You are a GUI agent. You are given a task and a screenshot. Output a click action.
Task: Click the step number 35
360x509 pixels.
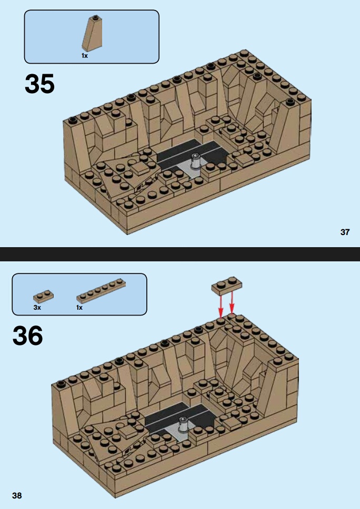39,84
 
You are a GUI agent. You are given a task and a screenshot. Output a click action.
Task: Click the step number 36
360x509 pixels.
27,335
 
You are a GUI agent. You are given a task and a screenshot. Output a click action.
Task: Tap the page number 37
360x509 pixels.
345,232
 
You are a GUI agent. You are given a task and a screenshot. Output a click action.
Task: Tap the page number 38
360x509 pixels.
17,495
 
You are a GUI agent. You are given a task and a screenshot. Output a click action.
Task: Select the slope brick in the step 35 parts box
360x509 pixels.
92,33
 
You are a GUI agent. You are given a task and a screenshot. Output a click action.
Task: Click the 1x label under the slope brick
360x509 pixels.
85,56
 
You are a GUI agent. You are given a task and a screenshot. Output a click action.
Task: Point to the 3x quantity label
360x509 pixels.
37,308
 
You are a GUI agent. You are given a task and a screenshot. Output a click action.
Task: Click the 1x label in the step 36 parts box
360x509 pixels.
79,308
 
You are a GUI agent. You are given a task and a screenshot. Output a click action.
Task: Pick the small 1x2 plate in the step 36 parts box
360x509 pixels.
43,297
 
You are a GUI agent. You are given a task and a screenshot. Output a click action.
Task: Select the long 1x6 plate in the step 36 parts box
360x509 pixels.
101,291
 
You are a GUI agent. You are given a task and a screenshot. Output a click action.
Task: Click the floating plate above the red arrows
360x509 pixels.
227,286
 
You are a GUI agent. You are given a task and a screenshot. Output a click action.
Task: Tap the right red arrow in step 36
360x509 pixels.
232,302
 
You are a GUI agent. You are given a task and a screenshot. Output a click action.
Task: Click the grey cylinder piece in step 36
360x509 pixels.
184,424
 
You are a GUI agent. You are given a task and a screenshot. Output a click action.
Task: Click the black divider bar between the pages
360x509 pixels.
180,254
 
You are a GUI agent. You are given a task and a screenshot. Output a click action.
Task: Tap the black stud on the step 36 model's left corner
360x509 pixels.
61,383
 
